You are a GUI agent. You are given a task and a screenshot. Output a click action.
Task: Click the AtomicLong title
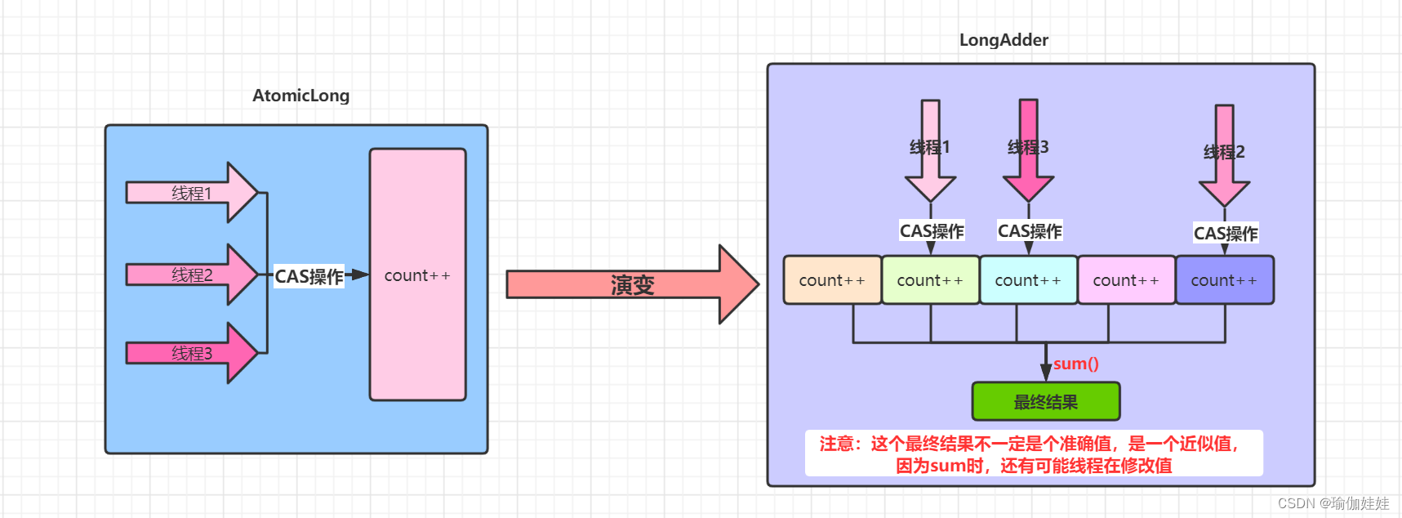300,96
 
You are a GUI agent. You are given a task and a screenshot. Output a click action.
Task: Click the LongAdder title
1004,40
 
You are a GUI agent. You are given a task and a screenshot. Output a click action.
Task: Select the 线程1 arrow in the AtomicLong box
191,193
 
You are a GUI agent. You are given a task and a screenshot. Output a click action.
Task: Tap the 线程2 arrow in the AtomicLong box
191,275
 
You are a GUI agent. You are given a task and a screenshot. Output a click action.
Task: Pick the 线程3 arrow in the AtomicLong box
191,353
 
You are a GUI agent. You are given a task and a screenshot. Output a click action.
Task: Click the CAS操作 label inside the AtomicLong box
309,276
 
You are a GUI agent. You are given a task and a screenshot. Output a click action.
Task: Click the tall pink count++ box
417,275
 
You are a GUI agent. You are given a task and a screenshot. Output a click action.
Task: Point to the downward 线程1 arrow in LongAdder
930,150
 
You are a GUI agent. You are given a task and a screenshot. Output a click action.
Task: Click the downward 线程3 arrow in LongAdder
1028,150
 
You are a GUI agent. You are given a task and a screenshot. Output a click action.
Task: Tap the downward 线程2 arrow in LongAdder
1224,154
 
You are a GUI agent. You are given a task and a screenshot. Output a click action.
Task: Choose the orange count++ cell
832,280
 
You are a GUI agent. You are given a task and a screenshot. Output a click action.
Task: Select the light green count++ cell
930,280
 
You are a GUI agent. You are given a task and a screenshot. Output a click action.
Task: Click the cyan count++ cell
1028,280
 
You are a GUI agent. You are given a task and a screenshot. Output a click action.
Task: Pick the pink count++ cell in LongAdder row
1126,280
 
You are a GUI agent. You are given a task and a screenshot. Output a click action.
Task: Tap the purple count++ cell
1224,280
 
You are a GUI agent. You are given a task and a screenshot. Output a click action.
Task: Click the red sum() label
1076,364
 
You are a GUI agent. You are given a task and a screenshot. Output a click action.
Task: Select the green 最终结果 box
1045,402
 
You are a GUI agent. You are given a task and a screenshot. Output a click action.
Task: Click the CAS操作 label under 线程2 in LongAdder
1225,234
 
